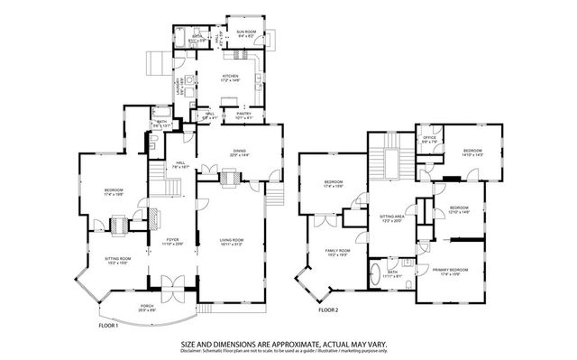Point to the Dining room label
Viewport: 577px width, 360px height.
pyautogui.click(x=239, y=154)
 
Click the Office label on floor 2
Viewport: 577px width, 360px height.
pyautogui.click(x=430, y=139)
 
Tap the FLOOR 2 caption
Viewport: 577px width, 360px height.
pyautogui.click(x=328, y=311)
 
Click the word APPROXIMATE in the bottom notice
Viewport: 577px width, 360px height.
pyautogui.click(x=307, y=344)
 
